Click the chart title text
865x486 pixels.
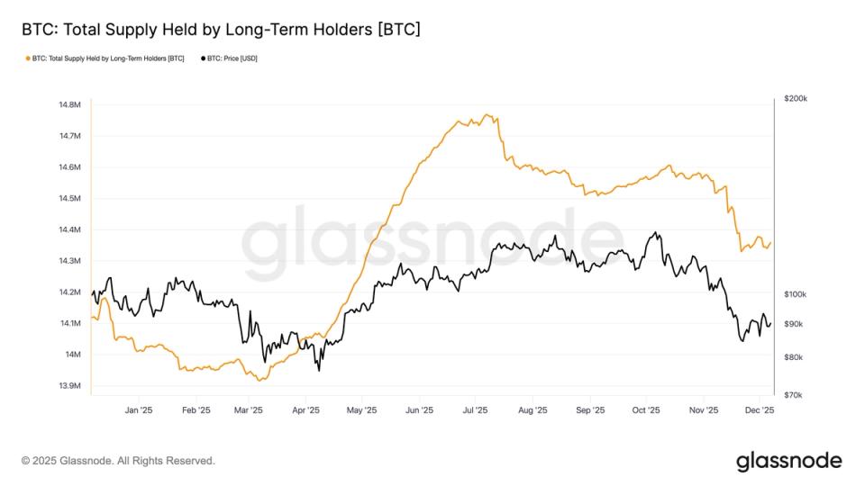tap(221, 30)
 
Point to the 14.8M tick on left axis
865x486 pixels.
tap(69, 105)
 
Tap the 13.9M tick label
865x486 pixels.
tap(69, 386)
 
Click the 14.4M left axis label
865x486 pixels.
tap(69, 230)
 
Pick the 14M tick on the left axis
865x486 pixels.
tap(72, 355)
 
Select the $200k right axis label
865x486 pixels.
tap(797, 98)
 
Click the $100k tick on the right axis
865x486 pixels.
tap(797, 294)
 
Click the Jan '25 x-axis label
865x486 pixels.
tap(138, 410)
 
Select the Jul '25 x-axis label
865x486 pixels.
tap(475, 410)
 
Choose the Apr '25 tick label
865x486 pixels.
tap(306, 410)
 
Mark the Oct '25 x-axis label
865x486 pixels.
tap(646, 410)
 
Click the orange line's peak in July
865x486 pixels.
tap(487, 114)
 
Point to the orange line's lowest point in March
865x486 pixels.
tap(259, 381)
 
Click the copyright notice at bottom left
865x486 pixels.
tap(118, 461)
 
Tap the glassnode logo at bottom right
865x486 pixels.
tap(788, 461)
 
